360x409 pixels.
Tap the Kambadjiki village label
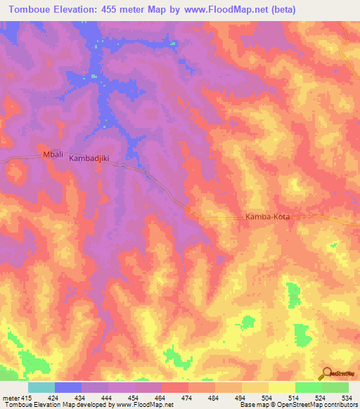click(x=91, y=160)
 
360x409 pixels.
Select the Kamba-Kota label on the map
click(x=267, y=217)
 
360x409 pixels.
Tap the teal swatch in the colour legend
click(x=41, y=387)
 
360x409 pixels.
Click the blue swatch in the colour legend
click(x=67, y=387)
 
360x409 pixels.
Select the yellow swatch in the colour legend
click(x=281, y=387)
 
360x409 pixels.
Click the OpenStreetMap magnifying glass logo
click(x=326, y=372)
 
